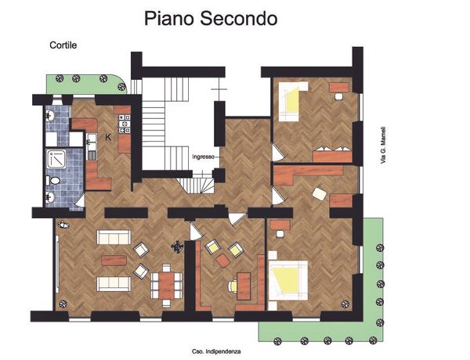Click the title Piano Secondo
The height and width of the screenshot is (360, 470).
click(x=211, y=19)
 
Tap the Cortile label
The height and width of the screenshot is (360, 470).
click(x=63, y=45)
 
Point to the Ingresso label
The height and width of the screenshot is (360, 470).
click(x=203, y=157)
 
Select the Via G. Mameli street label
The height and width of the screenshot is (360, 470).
click(x=383, y=146)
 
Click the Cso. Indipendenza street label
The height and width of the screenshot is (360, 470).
click(x=216, y=351)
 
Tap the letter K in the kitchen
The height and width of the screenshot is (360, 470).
click(x=108, y=138)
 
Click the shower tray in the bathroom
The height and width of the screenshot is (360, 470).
click(x=56, y=159)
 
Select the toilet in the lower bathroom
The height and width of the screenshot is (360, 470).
click(x=53, y=181)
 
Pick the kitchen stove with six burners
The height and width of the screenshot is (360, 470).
click(x=125, y=124)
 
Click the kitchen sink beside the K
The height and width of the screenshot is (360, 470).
click(x=92, y=147)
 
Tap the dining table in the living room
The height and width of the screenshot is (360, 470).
click(x=166, y=285)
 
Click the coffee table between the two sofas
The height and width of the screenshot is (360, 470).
click(x=114, y=261)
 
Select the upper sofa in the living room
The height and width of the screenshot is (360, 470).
click(x=114, y=237)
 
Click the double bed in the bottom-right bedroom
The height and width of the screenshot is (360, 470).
click(x=288, y=280)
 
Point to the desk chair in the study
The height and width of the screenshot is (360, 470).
click(x=233, y=286)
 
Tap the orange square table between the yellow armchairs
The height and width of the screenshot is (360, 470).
click(x=222, y=261)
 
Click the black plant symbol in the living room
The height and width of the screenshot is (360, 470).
click(x=178, y=247)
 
